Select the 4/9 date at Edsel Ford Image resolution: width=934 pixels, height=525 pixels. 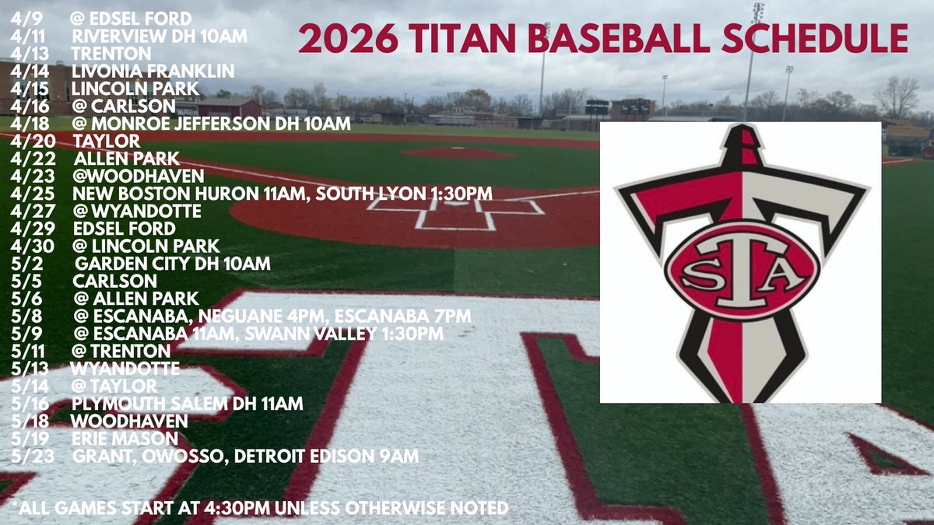click(x=23, y=16)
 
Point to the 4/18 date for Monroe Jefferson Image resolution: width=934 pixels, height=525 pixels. click(x=27, y=124)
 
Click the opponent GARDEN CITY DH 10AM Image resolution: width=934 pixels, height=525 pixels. click(x=172, y=264)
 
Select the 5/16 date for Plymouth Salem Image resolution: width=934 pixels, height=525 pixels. click(x=27, y=404)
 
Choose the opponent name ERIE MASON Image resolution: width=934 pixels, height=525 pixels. click(x=125, y=439)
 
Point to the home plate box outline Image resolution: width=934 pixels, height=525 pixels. click(x=455, y=214)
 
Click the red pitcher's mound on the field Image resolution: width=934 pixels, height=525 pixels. click(x=458, y=152)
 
